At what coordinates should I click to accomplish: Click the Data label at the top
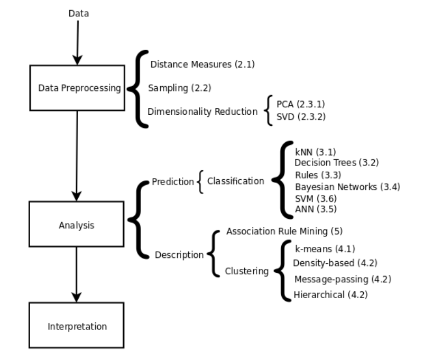pos(79,13)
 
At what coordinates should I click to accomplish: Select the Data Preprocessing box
pos(77,88)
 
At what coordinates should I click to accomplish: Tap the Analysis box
pos(77,225)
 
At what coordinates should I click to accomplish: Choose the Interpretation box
pos(77,326)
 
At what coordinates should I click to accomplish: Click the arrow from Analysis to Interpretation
pos(77,275)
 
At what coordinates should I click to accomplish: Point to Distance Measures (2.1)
pos(202,64)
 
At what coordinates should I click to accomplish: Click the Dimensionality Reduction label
pos(202,112)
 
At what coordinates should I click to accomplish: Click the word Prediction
pos(173,182)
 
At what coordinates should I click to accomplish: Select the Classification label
pos(235,181)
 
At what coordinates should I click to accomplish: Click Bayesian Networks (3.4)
pos(347,186)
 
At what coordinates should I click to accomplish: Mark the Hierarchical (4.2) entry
pos(330,294)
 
